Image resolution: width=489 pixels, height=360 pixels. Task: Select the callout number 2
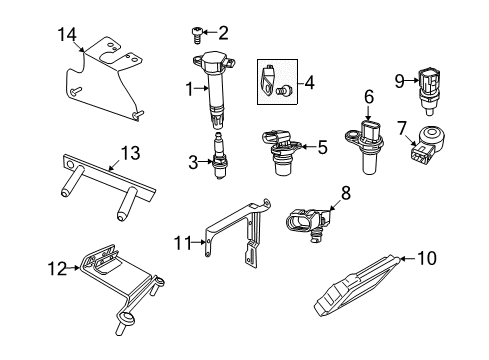pyautogui.click(x=223, y=32)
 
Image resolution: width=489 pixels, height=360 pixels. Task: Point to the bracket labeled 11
pyautogui.click(x=240, y=245)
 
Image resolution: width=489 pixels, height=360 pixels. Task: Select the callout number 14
pyautogui.click(x=67, y=34)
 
